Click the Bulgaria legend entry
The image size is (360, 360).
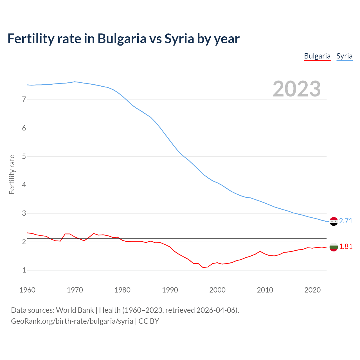[317, 56]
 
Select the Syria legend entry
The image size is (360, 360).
[344, 56]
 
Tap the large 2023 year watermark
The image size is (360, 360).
[297, 89]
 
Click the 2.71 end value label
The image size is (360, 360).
[346, 221]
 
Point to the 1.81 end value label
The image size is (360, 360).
[346, 246]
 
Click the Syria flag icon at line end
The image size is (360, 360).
[334, 222]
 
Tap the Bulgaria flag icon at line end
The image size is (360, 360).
[334, 247]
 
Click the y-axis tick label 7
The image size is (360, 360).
[24, 99]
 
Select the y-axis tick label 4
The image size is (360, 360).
[24, 185]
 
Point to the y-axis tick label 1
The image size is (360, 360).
[24, 270]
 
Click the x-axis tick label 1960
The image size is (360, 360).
[27, 290]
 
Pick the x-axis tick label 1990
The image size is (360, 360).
[170, 290]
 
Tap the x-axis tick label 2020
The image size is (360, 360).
[312, 290]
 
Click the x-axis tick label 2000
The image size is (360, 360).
[217, 290]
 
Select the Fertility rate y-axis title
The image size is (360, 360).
[12, 174]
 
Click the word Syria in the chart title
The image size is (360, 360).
[179, 39]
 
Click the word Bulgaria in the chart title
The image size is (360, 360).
[122, 39]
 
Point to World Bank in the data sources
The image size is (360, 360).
[75, 310]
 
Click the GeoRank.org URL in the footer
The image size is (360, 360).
[72, 321]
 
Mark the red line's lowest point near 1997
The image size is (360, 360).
[203, 267]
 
